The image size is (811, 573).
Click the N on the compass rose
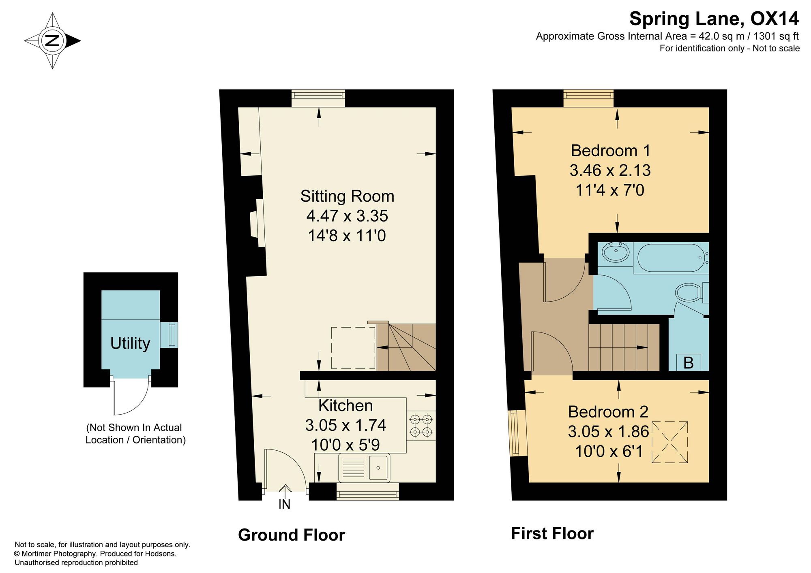52,40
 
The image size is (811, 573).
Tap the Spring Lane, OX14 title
714,19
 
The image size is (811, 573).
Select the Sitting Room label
347,196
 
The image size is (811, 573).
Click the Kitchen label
345,405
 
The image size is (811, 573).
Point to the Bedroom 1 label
610,151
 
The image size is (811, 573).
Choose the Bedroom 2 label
608,412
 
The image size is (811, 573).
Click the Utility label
130,343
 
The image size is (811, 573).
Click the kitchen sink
364,468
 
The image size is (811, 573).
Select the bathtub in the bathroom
671,258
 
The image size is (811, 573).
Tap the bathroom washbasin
616,252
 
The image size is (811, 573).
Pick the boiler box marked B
689,362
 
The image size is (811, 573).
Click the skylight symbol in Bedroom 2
669,442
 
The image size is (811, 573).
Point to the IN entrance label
284,504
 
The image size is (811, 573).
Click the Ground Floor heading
292,535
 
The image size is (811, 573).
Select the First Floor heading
552,534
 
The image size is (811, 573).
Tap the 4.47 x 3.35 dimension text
347,216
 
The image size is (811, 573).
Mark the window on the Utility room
169,335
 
